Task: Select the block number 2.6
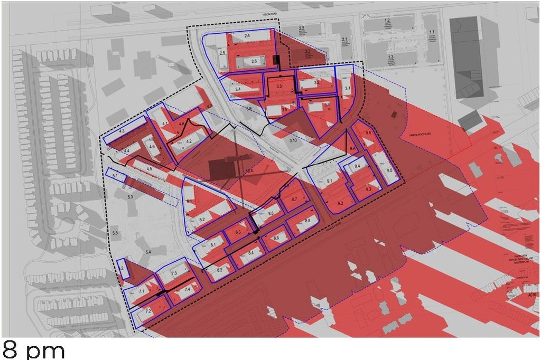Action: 254,62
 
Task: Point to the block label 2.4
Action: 247,35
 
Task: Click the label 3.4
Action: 238,90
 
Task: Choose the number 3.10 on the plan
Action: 293,140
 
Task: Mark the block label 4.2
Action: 189,141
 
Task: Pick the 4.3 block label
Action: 121,130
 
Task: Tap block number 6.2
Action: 202,219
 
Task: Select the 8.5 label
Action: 270,213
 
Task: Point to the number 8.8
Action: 307,220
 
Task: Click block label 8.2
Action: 219,270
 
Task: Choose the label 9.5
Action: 389,171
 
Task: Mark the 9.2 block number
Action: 340,203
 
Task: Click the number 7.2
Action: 148,311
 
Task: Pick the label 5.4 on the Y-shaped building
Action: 148,252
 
